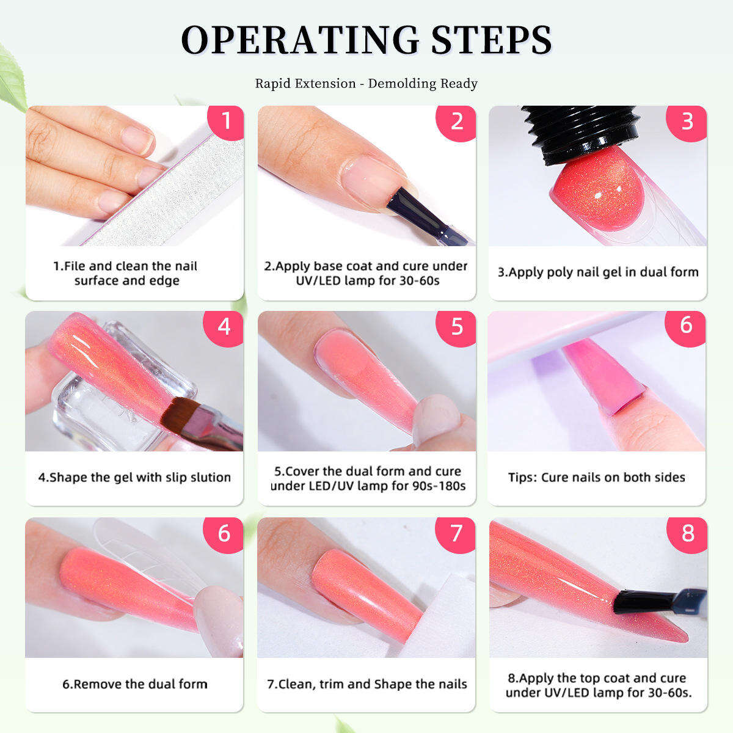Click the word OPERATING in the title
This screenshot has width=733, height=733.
coord(300,40)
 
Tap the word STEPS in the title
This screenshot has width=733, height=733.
coord(491,40)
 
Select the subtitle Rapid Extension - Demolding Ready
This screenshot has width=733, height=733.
coord(366,83)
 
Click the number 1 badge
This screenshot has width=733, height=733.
coord(226,122)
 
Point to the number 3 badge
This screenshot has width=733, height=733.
coord(687,123)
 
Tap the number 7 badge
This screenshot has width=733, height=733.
coord(455,534)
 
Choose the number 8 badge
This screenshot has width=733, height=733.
coord(687,534)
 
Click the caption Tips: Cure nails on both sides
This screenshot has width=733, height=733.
coord(596,478)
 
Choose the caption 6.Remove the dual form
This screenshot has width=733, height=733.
coord(134,684)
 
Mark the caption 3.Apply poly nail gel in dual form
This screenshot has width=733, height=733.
coord(598,272)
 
